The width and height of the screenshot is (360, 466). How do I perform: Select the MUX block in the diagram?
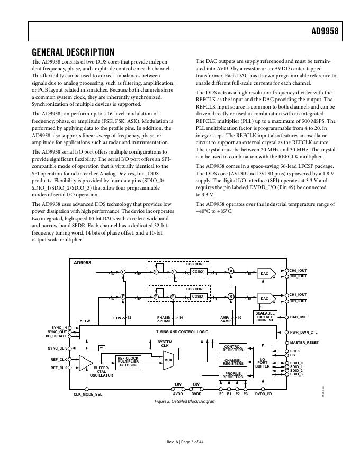point(168,360)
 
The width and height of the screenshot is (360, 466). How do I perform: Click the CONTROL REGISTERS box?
point(233,348)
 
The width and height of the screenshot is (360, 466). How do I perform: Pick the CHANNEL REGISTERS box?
point(233,362)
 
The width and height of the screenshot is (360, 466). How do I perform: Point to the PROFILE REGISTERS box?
point(233,376)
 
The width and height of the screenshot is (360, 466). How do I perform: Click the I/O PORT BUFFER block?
point(263,362)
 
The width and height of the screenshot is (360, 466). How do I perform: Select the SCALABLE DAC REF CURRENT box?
point(265,317)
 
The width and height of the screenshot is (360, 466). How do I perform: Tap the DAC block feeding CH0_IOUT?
point(265,273)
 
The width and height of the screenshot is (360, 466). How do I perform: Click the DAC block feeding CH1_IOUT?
point(265,298)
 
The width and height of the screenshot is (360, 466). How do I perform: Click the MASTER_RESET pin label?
point(304,343)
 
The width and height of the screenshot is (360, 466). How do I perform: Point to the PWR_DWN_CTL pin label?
point(303,333)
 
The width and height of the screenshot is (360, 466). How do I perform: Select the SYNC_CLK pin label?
point(57,348)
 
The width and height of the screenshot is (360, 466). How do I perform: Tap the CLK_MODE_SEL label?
point(87,395)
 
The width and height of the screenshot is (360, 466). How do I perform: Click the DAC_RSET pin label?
point(299,317)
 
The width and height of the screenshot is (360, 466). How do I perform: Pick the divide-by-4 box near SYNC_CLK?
point(102,347)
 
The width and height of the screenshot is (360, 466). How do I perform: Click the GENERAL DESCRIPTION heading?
point(73,52)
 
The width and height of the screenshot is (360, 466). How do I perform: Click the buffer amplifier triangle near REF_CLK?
point(85,362)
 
